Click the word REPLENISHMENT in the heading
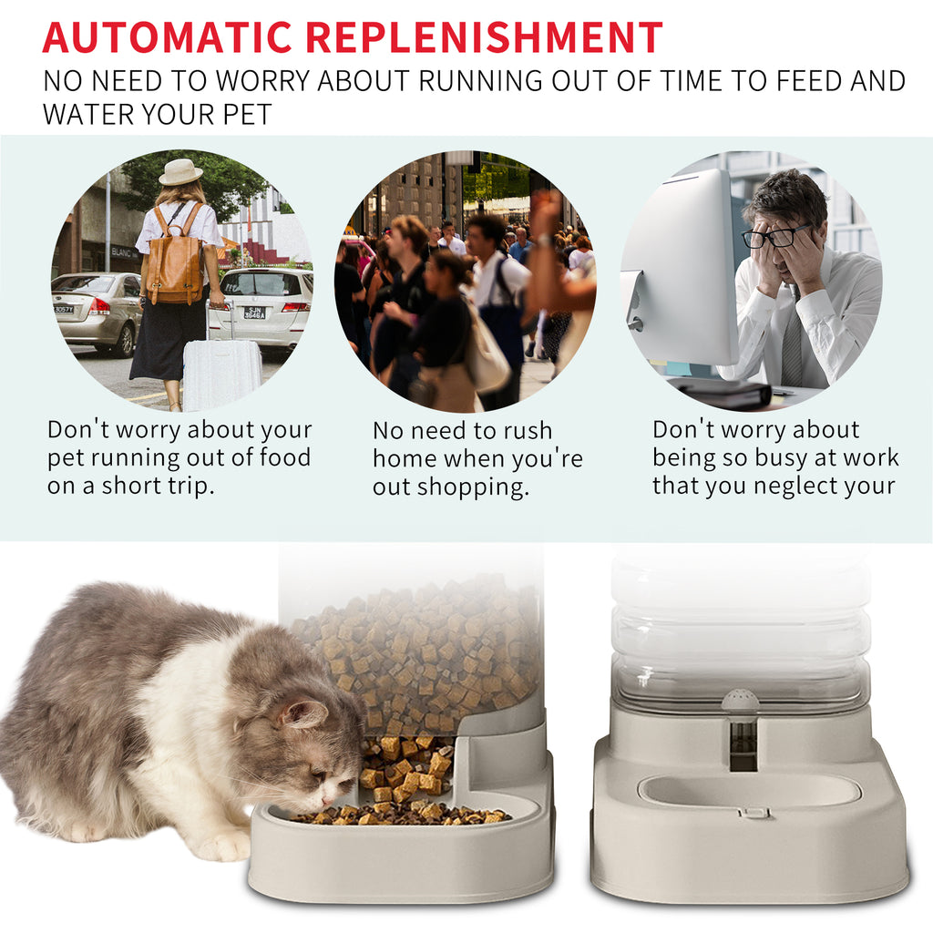click(484, 37)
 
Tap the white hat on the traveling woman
click(180, 171)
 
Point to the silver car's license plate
click(63, 309)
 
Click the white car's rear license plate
click(255, 313)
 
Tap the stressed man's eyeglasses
click(768, 238)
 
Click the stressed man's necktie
click(792, 342)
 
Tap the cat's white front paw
click(223, 846)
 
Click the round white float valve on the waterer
click(740, 701)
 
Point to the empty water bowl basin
click(749, 791)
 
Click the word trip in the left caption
click(191, 486)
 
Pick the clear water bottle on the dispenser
click(740, 629)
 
